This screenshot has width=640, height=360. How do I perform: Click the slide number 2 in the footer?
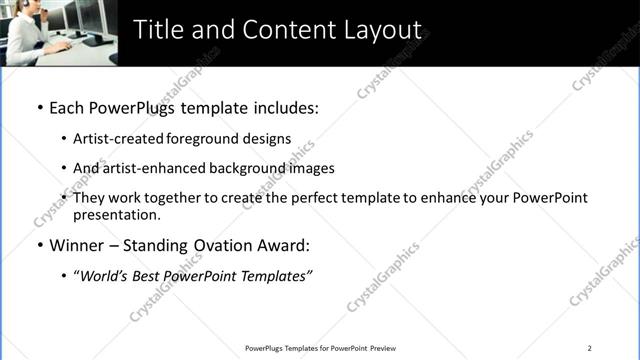tap(590, 348)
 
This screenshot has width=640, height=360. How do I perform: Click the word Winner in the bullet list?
tap(78, 245)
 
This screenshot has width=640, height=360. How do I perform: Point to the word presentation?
tap(116, 214)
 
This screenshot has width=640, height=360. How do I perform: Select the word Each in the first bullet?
tap(66, 106)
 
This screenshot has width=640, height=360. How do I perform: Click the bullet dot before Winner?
tap(40, 245)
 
